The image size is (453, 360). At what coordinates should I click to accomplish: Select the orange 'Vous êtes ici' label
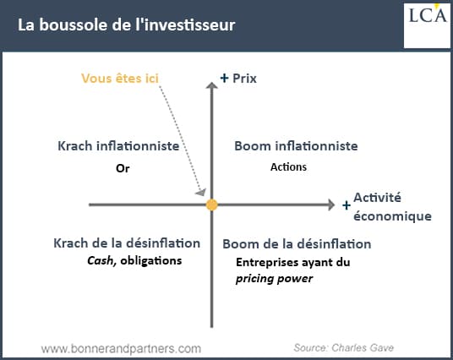click(120, 79)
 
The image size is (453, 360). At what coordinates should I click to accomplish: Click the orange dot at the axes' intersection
click(212, 205)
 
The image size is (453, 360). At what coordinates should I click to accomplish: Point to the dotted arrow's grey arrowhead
click(201, 192)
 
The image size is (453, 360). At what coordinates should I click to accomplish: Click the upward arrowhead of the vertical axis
click(212, 85)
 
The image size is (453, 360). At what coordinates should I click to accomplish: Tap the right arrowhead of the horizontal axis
click(331, 205)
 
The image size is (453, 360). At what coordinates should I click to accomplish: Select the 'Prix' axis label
click(244, 79)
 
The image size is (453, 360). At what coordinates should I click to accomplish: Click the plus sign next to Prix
click(224, 78)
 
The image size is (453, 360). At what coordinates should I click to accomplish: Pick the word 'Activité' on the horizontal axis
click(377, 198)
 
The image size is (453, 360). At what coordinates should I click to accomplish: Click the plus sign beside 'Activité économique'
click(347, 205)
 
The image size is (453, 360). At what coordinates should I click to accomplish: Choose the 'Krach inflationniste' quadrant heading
click(118, 146)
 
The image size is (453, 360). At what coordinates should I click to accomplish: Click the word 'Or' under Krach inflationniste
click(123, 168)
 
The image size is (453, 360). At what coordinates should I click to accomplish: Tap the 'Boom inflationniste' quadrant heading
click(296, 146)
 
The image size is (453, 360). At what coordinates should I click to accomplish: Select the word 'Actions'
click(288, 167)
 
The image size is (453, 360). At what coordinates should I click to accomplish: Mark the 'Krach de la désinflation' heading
click(127, 243)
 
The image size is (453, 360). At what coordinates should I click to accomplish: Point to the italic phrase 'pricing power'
click(274, 279)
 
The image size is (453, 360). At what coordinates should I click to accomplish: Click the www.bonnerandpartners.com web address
click(121, 349)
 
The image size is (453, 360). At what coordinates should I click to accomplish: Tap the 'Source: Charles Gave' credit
click(344, 348)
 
